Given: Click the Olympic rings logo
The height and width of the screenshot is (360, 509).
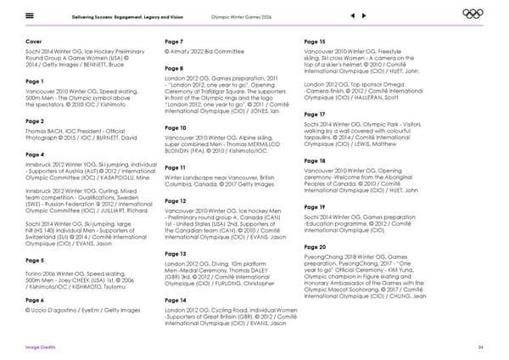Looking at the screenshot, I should (473, 14).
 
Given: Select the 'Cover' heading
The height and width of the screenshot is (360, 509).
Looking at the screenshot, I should (36, 41).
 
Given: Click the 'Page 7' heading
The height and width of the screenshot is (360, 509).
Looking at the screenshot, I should (174, 41).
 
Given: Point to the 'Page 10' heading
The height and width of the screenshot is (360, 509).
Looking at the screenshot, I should (176, 127).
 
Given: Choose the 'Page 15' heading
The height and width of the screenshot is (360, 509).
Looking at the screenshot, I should (316, 41).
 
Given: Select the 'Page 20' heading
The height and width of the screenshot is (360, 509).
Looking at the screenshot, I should (316, 223).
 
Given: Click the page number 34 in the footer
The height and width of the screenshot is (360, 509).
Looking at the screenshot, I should (480, 347).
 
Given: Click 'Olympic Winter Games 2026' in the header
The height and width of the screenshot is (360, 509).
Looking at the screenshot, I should (245, 14).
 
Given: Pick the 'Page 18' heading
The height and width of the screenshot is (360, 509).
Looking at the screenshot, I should (316, 160).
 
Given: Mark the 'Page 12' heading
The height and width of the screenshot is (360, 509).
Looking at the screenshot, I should (176, 200).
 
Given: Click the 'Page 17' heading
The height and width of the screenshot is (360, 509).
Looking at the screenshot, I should (316, 114).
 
